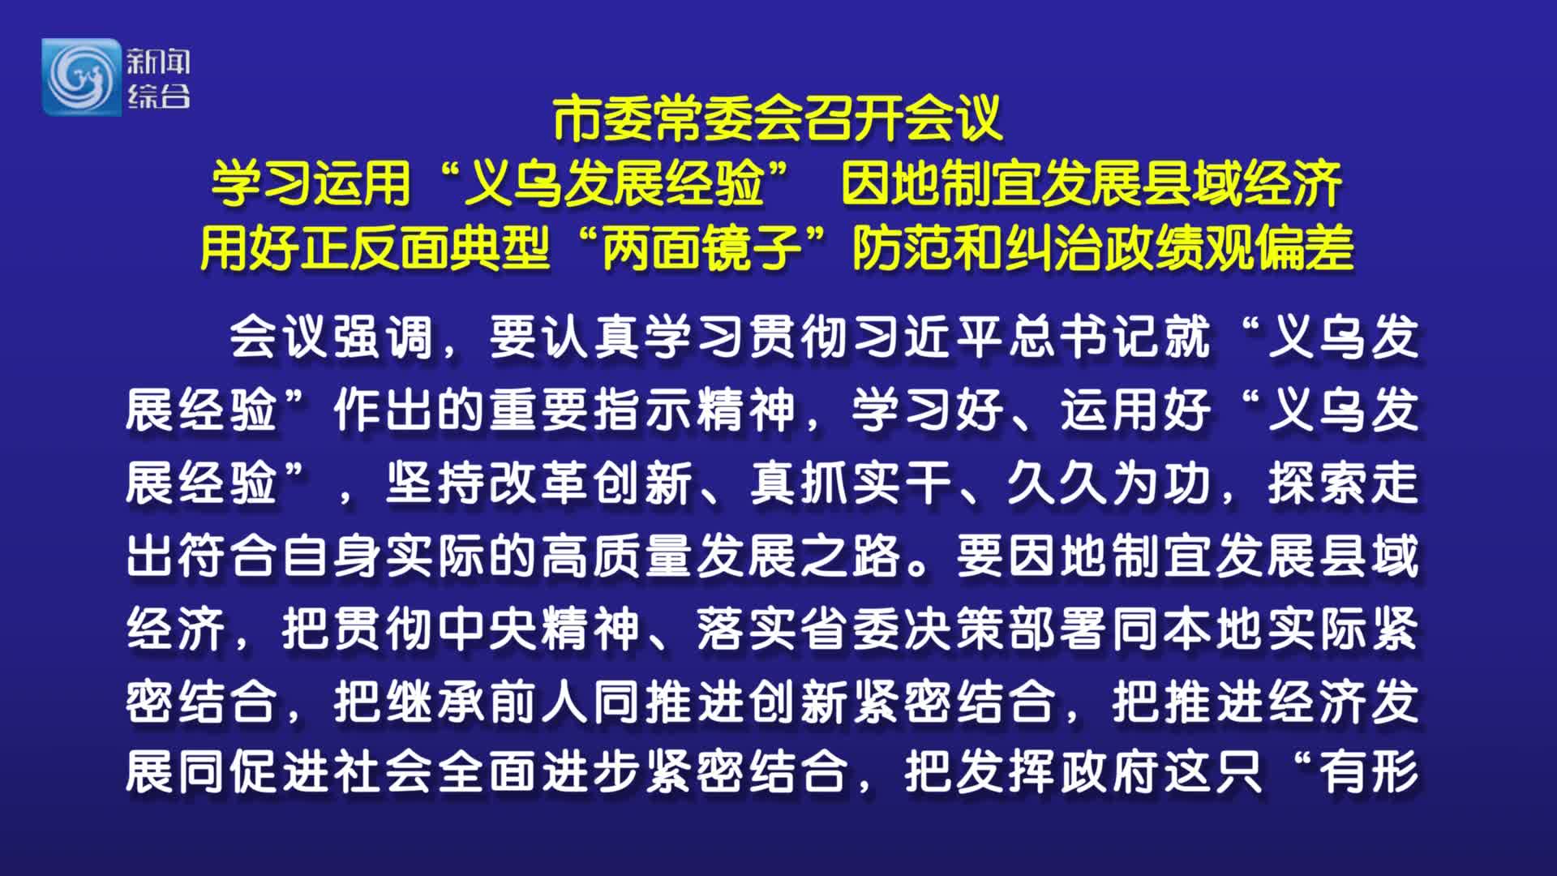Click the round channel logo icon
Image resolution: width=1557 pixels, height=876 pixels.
[x=81, y=77]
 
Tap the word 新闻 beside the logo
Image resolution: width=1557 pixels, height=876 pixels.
[x=158, y=62]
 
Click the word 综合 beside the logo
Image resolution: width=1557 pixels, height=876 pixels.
[x=158, y=97]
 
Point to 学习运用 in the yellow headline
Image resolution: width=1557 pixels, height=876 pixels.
[x=311, y=183]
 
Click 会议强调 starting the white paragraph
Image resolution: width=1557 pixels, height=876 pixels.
[x=332, y=337]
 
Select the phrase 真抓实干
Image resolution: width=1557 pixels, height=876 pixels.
[x=851, y=483]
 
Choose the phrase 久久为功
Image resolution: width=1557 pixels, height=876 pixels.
[x=1110, y=483]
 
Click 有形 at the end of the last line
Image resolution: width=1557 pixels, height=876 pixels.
[x=1370, y=771]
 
